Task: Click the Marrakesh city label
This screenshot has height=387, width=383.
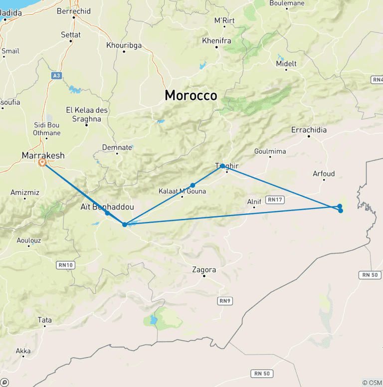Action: [x=43, y=156]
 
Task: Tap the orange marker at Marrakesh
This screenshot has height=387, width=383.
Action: [x=43, y=162]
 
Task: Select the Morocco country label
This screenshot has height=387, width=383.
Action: [x=191, y=95]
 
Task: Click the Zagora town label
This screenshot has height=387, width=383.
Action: [x=204, y=270]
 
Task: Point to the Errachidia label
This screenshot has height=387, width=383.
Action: [x=309, y=130]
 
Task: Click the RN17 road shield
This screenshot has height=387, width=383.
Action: [x=275, y=199]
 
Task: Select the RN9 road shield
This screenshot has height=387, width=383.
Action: [x=225, y=301]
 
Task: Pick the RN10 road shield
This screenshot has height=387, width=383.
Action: [x=66, y=265]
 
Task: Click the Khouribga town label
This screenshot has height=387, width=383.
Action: [x=124, y=45]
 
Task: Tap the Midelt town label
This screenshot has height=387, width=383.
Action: [x=286, y=64]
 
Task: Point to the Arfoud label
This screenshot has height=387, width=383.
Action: [x=324, y=174]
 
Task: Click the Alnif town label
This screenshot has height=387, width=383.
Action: [x=254, y=202]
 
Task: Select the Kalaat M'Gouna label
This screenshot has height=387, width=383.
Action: [x=182, y=191]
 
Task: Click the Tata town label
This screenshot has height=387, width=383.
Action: [x=44, y=320]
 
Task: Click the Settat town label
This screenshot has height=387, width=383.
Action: [x=70, y=35]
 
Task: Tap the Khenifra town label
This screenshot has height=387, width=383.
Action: [x=216, y=40]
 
